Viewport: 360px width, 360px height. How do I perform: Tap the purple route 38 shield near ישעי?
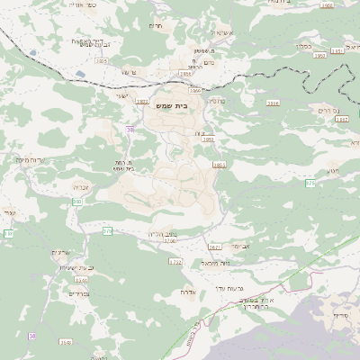pyautogui.click(x=130, y=130)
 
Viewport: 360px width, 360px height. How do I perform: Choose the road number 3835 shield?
pyautogui.click(x=101, y=61)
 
